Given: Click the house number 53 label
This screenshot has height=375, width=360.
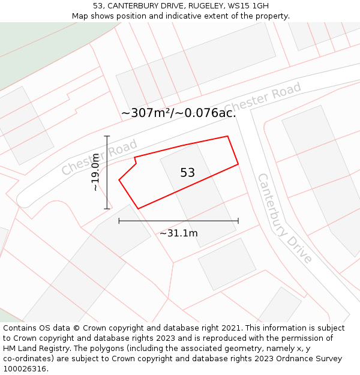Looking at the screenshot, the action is [x=187, y=173].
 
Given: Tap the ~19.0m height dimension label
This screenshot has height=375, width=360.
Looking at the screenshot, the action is [x=95, y=172].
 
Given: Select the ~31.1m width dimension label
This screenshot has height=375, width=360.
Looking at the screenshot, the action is [x=178, y=233].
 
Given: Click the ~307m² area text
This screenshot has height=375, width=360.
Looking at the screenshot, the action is [x=147, y=113].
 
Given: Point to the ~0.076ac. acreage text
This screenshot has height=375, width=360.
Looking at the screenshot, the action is [x=206, y=113].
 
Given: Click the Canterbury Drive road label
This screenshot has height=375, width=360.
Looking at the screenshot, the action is [x=284, y=218].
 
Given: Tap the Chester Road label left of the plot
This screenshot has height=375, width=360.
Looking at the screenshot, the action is [x=99, y=157].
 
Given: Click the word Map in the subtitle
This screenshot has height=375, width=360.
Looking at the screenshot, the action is [x=80, y=16].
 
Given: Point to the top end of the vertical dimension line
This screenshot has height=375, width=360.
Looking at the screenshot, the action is [x=107, y=137].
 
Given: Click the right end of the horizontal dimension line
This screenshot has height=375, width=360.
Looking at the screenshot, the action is [x=238, y=221].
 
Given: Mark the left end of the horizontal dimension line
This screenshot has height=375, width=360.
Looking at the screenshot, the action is [x=119, y=221].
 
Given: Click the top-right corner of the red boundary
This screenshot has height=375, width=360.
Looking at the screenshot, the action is [x=227, y=136].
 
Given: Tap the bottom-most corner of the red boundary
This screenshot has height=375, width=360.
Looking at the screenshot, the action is [x=138, y=209].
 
